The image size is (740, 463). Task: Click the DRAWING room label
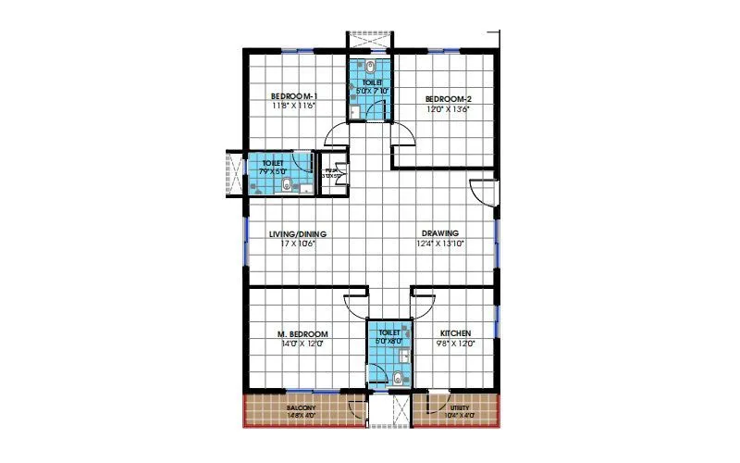click(440, 233)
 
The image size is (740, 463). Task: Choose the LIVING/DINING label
click(298, 233)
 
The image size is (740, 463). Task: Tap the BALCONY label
click(302, 408)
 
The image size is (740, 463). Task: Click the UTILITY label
click(460, 407)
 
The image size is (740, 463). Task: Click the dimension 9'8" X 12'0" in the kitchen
click(455, 344)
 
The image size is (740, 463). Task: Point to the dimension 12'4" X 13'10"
click(439, 244)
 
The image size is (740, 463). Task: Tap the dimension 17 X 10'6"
click(297, 244)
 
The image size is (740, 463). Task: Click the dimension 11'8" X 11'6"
click(294, 106)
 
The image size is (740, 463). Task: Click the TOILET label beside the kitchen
click(388, 332)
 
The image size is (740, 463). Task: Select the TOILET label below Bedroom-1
click(273, 163)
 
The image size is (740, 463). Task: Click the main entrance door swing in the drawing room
click(482, 191)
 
